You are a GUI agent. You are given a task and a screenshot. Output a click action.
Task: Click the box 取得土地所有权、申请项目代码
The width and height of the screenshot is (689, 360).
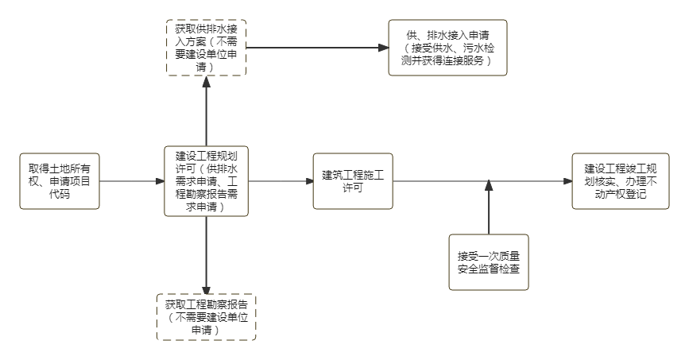[60, 181]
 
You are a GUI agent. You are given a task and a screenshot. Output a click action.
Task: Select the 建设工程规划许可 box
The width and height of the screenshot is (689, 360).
[206, 181]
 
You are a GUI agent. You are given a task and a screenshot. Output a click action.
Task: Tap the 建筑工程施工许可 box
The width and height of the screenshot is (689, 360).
[353, 181]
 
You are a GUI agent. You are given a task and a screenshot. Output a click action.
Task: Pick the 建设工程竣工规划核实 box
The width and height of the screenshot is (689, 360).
[614, 181]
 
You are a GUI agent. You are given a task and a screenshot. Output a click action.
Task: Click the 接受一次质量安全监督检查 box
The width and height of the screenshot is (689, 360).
[489, 262]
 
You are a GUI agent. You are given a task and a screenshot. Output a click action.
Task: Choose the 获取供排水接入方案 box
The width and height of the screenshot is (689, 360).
[206, 48]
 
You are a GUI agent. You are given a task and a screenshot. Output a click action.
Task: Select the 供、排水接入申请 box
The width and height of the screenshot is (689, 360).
[447, 48]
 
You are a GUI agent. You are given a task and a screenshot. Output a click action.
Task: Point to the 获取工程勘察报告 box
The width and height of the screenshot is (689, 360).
[206, 316]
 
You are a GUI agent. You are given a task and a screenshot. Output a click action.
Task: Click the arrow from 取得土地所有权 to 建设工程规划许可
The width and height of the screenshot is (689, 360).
[132, 181]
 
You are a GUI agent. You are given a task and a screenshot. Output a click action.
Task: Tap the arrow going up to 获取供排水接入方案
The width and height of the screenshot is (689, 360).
[206, 111]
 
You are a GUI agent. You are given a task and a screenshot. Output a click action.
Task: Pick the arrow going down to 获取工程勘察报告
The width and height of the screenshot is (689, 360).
[206, 254]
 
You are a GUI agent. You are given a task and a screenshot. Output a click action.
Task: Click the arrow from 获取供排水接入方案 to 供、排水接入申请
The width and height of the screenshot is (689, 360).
[318, 48]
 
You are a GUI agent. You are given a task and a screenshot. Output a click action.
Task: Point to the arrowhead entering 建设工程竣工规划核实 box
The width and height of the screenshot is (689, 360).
[567, 181]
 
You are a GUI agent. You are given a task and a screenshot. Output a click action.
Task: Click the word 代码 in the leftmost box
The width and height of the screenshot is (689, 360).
[60, 194]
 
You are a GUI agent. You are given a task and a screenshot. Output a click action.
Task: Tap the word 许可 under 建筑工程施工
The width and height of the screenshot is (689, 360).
[353, 188]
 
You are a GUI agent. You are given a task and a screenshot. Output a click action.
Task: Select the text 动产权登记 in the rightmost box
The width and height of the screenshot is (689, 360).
[614, 194]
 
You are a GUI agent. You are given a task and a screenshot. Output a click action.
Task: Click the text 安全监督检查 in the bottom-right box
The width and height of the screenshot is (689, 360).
[489, 269]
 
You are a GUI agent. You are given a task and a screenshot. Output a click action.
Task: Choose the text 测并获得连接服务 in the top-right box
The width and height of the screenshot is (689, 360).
[447, 60]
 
